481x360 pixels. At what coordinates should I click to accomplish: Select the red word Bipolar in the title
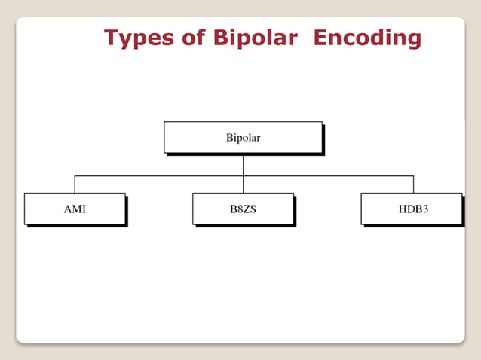pos(256,38)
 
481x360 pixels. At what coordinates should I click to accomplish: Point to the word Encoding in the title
pos(367,38)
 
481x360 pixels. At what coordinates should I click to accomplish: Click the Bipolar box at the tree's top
pos(243,138)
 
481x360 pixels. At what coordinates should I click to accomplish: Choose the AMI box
pos(75,209)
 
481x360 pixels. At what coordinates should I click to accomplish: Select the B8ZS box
pos(243,209)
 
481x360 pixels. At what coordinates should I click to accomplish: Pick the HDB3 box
pos(412,209)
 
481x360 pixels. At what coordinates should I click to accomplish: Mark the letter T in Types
pos(112,37)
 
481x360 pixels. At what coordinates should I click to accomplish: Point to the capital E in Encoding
pos(321,37)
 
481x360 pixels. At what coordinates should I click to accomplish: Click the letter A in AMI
pos(67,209)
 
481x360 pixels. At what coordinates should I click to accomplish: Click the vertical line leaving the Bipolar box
pos(243,164)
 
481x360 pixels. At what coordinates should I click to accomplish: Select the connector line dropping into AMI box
pos(75,185)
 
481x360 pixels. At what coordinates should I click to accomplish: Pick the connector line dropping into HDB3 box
pos(413,185)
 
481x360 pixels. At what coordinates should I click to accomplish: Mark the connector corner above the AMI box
pos(75,176)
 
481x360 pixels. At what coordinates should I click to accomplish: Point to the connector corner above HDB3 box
pos(413,176)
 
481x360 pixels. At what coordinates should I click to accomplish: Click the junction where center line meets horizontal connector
pos(243,176)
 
